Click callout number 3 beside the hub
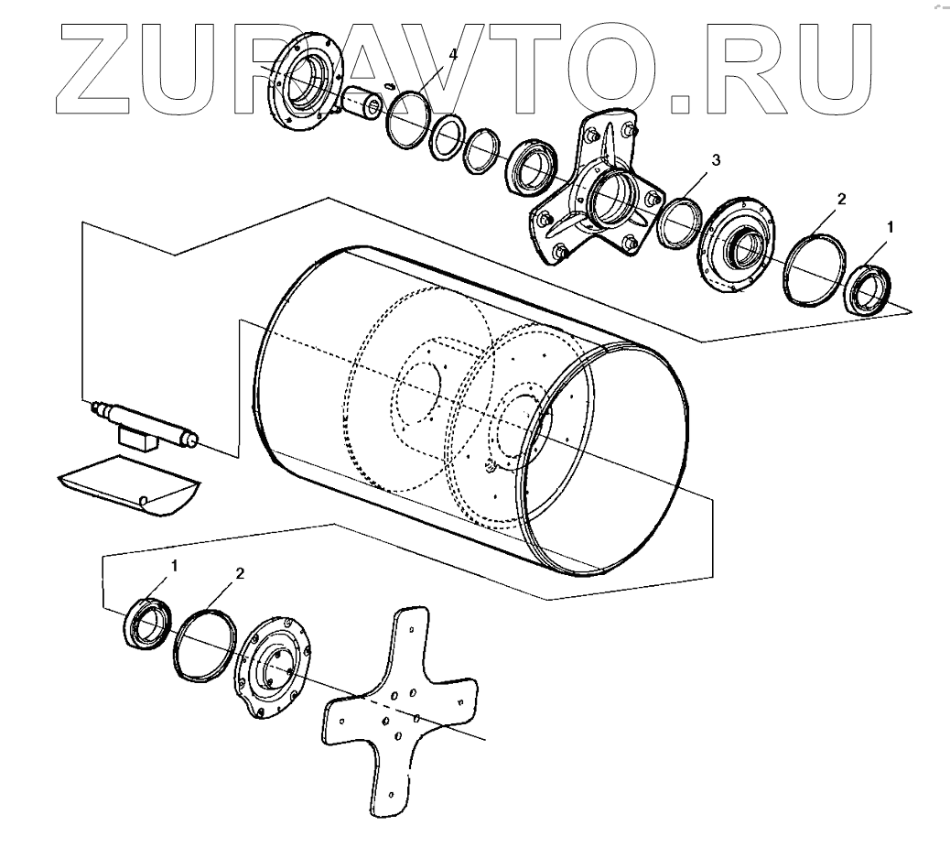[717, 160]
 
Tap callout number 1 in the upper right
[892, 224]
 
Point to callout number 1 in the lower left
[174, 565]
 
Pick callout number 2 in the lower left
[240, 573]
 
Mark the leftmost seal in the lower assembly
[146, 624]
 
